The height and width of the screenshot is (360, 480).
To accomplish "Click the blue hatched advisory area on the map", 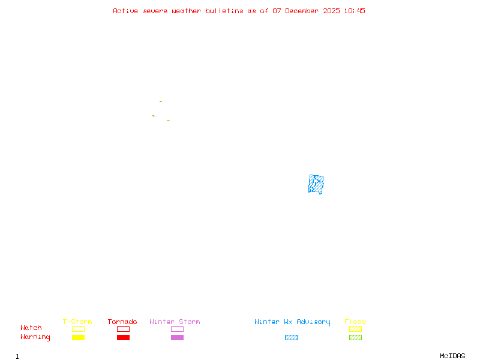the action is click(316, 184).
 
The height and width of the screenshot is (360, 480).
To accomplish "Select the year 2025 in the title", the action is click(331, 11).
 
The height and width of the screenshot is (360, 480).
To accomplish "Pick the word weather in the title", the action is click(187, 11).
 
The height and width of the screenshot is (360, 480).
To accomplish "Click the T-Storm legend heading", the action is click(77, 322).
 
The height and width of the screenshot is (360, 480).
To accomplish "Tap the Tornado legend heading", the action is click(122, 322).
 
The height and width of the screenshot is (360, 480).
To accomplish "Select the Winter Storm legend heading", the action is click(175, 322).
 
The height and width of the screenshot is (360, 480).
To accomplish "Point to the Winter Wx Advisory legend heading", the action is click(292, 322).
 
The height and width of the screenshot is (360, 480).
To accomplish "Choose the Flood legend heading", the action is click(355, 322).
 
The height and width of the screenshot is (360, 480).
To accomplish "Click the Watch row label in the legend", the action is click(31, 328).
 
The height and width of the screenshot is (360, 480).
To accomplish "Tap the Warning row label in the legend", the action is click(35, 337).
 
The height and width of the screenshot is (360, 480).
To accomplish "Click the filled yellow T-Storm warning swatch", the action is click(78, 338).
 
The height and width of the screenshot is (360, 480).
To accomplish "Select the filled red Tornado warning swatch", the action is click(123, 338).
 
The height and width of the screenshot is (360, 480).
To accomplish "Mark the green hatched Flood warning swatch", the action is click(355, 338).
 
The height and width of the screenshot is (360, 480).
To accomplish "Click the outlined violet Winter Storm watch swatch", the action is click(177, 329).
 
